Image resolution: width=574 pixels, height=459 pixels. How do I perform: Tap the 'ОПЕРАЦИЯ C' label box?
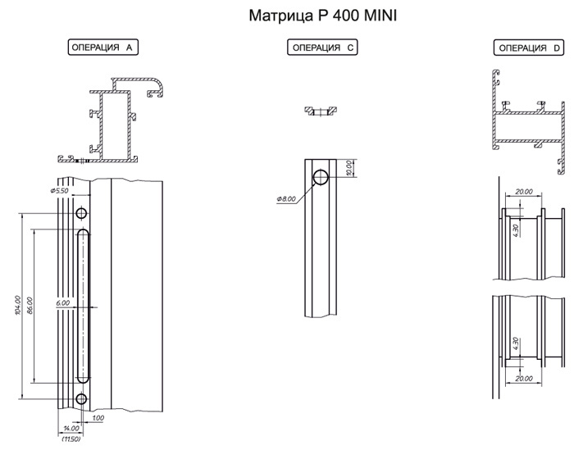(x=322, y=48)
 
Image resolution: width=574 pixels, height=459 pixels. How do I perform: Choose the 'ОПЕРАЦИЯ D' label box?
(x=528, y=48)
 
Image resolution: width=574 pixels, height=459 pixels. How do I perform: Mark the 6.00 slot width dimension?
(x=63, y=303)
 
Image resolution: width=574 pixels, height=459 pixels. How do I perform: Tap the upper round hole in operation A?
(x=81, y=214)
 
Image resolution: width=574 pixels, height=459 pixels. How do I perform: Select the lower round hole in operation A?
(x=81, y=399)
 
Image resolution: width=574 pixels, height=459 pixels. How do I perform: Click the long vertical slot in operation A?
(x=82, y=307)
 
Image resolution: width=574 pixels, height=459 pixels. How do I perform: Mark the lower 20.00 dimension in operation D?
(x=522, y=379)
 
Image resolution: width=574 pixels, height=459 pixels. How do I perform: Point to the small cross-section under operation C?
(x=321, y=110)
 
